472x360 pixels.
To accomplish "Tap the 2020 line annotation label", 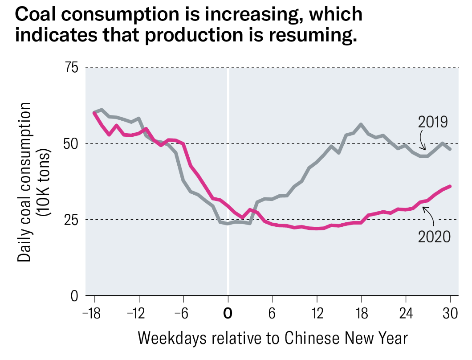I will [435, 236].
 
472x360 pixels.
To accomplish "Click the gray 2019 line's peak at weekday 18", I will [361, 124].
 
